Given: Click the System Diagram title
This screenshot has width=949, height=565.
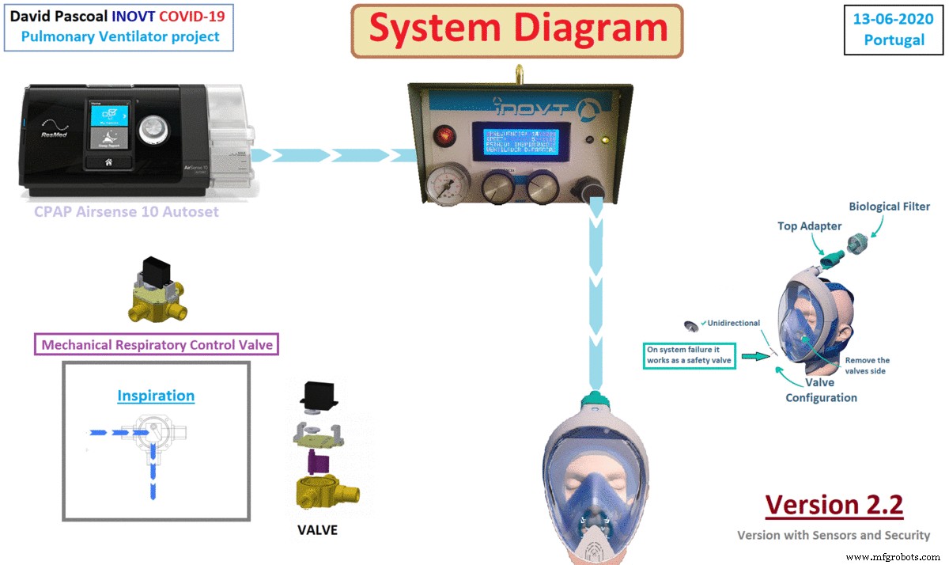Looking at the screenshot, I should click(x=517, y=30).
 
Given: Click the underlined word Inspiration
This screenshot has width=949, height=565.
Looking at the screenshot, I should click(x=156, y=395).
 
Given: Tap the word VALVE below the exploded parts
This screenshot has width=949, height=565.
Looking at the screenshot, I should click(x=317, y=529).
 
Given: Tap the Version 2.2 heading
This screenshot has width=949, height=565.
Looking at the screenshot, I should click(x=834, y=504).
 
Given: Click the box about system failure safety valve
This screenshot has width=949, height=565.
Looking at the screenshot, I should click(x=690, y=355).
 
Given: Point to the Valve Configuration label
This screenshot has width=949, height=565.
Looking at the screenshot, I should click(x=821, y=389).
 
